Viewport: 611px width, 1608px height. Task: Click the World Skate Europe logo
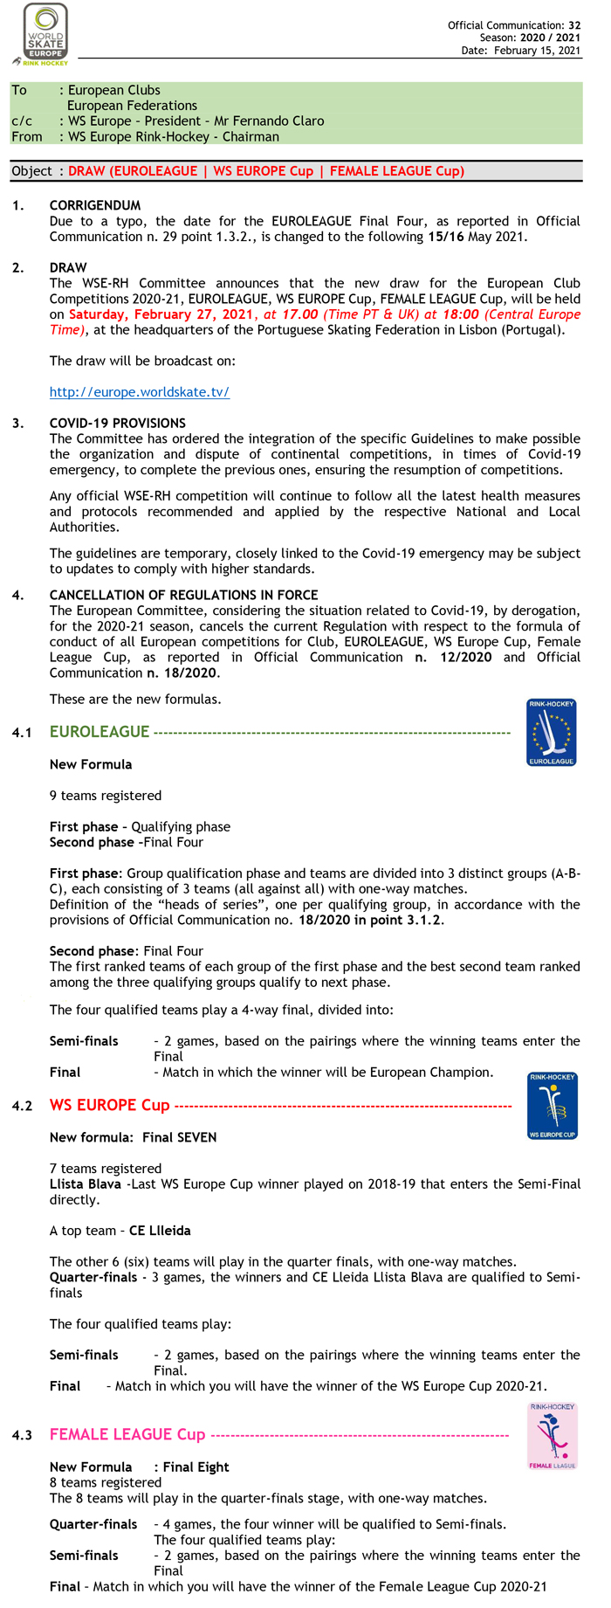click(45, 32)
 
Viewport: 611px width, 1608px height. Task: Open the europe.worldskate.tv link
click(139, 392)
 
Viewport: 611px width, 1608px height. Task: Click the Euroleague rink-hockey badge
click(551, 733)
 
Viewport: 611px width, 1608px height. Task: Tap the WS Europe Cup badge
click(551, 1106)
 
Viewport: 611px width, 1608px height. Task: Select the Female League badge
click(553, 1436)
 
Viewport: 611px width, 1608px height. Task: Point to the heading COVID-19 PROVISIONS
click(117, 423)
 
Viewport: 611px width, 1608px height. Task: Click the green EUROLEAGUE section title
click(100, 732)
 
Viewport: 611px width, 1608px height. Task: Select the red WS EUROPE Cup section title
click(109, 1105)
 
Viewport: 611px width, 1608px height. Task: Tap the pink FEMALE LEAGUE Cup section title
click(127, 1434)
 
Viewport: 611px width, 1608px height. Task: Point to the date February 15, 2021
click(537, 51)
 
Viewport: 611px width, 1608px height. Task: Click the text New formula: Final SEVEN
click(133, 1137)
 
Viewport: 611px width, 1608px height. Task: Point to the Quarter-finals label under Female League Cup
click(93, 1524)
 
